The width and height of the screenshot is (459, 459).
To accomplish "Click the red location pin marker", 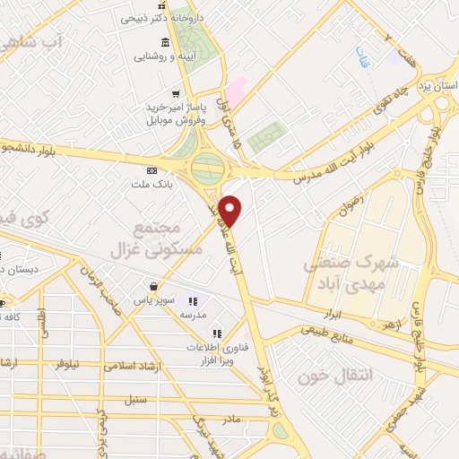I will click(x=231, y=210).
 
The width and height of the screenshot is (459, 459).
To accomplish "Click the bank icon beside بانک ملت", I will click(x=151, y=169).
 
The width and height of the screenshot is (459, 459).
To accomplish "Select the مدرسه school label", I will click(x=194, y=315).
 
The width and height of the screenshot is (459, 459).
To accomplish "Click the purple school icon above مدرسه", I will click(x=193, y=301).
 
